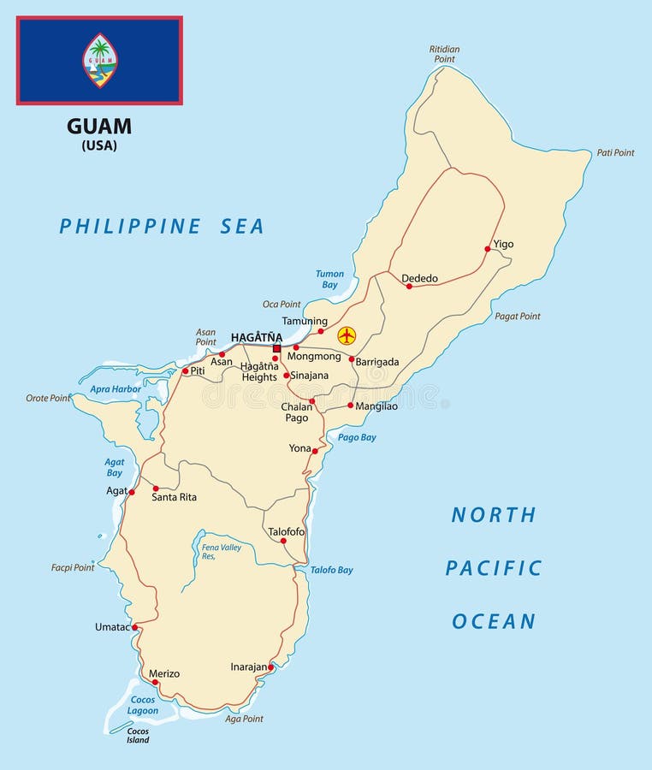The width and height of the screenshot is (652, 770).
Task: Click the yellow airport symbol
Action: tap(347, 335)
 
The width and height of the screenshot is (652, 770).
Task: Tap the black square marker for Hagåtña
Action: tap(276, 349)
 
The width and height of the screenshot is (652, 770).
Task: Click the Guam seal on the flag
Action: tap(100, 61)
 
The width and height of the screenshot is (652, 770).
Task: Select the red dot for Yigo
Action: tap(488, 249)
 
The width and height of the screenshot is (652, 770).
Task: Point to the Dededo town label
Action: tap(419, 278)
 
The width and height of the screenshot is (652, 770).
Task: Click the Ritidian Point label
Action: tap(444, 54)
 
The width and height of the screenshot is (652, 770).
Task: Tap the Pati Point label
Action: tap(615, 153)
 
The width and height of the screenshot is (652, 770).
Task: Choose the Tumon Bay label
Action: tap(329, 279)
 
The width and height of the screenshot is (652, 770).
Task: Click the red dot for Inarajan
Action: tap(271, 667)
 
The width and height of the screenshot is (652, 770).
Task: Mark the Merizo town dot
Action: tap(156, 683)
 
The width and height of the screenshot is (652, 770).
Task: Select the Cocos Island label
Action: tap(138, 736)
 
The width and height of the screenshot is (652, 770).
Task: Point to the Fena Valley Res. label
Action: tap(221, 551)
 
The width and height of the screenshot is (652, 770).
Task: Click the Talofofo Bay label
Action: tap(331, 570)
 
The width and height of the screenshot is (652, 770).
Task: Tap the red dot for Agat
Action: tap(132, 492)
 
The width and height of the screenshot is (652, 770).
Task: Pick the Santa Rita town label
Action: tap(175, 497)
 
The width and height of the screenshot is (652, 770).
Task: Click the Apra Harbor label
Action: tap(116, 388)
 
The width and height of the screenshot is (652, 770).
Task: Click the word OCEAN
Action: tap(494, 621)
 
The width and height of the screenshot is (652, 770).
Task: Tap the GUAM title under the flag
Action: tap(99, 127)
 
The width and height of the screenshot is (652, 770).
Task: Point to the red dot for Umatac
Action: tap(135, 627)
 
